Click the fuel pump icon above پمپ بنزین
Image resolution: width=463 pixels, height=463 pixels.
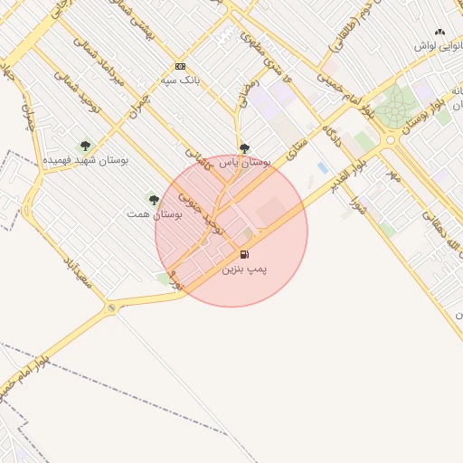coord(245,255)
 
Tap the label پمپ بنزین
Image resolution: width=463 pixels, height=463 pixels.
coord(245,269)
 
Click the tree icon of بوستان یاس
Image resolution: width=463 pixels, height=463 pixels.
coord(244,147)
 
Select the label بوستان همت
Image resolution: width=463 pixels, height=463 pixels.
coord(156,215)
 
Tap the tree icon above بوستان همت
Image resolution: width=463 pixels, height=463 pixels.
coord(154,200)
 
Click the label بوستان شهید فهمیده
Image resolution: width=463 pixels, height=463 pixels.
coord(86,160)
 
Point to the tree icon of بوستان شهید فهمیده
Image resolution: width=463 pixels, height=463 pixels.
coord(85,145)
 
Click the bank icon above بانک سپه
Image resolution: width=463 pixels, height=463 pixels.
coord(180,66)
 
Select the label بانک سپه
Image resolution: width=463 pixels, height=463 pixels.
coord(180,80)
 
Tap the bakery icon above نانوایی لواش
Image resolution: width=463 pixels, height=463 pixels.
coord(439,32)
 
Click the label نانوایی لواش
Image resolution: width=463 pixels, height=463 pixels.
coord(439,45)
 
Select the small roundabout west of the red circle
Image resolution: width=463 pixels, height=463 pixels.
coord(111,308)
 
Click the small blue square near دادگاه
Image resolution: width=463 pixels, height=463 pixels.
coord(323,168)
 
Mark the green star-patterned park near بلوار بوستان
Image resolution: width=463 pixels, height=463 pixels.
coord(395,108)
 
